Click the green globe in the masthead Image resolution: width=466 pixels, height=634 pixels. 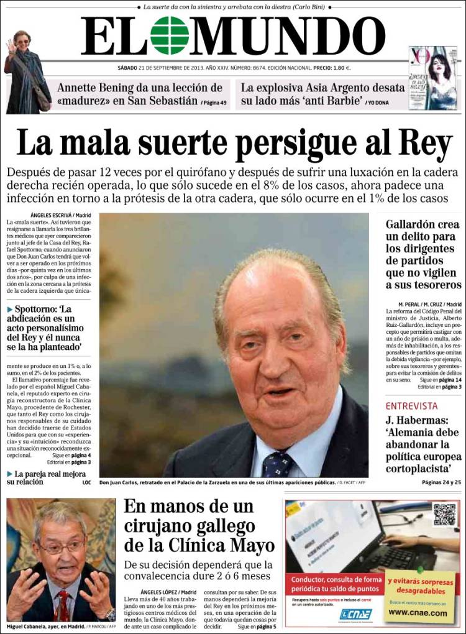170,35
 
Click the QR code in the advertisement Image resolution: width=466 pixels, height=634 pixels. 444,515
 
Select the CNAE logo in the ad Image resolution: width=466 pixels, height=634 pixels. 356,614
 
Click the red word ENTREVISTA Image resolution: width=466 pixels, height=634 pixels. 411,406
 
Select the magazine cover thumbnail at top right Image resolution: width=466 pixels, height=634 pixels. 433,78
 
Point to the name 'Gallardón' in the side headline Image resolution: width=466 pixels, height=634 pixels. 414,224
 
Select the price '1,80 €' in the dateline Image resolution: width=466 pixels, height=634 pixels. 338,68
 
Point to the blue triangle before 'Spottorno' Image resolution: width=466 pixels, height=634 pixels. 10,309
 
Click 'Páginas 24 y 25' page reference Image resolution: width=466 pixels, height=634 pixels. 441,482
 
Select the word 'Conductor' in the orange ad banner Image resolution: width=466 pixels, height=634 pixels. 311,580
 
